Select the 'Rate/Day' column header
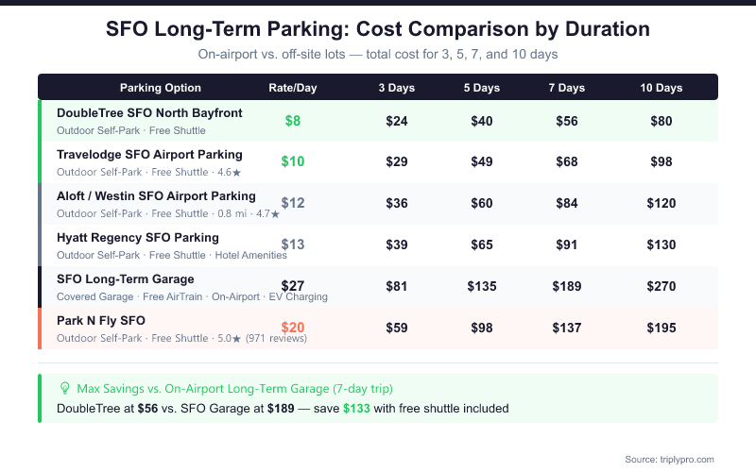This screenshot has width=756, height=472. pos(293,88)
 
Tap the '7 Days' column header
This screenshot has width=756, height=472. pos(567,88)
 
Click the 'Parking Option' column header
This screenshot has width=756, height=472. pos(161,88)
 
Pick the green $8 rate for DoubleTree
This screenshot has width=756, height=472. pos(293,121)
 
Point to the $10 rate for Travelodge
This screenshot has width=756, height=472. pos(293,161)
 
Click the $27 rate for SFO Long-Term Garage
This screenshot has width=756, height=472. pos(293,286)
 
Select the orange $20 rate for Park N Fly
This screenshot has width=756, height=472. pos(293,328)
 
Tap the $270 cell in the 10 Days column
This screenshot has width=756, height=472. pos(661,286)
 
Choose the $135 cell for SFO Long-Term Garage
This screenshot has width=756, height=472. pos(482,286)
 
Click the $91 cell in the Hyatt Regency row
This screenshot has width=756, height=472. pos(567,244)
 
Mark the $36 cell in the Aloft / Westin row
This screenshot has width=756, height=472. pos(397,203)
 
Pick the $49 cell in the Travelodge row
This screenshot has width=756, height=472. pos(482,161)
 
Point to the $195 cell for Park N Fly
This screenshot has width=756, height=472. pos(661,328)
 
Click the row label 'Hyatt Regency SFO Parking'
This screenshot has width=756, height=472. pos(138,237)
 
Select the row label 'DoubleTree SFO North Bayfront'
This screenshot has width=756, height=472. pos(149,113)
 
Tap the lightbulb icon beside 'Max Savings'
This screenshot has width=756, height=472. pos(65,388)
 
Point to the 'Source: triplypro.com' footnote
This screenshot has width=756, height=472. pos(669,459)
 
